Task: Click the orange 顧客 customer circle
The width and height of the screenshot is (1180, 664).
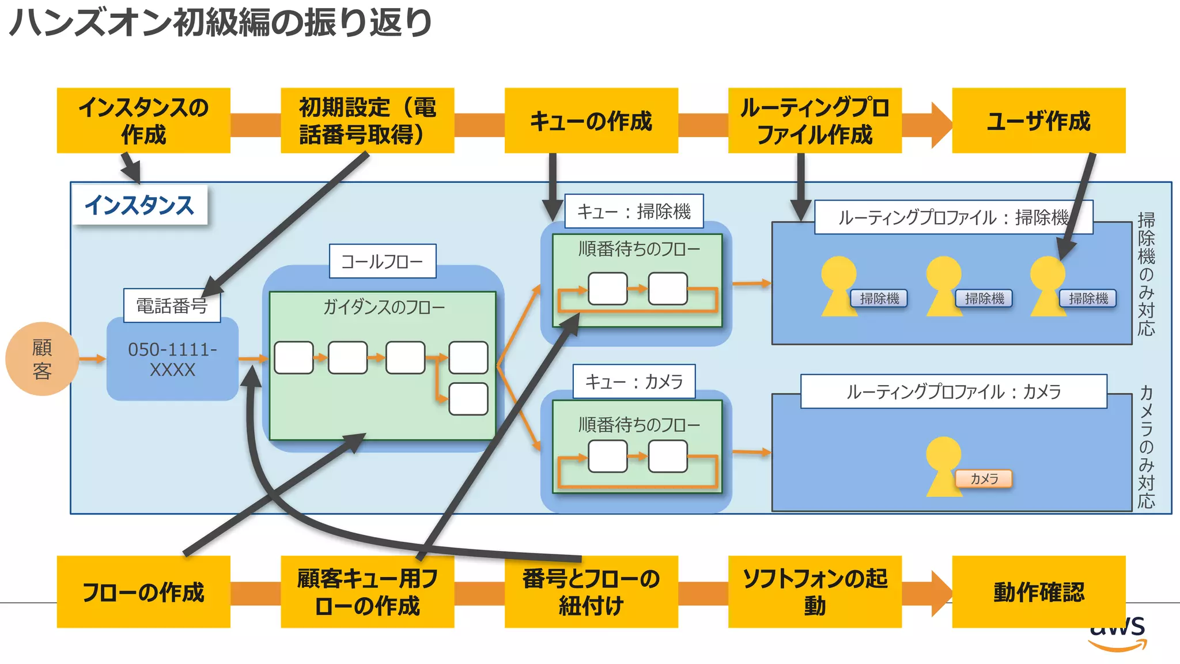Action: tap(41, 359)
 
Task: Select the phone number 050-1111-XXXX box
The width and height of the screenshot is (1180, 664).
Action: tap(172, 359)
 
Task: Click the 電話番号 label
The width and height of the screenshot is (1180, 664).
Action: tap(172, 305)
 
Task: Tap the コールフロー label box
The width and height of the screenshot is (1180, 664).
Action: tap(382, 261)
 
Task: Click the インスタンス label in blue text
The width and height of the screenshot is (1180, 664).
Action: tap(139, 205)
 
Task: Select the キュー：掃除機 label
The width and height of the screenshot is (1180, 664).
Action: tap(633, 211)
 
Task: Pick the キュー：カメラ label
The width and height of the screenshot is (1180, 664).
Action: tap(634, 381)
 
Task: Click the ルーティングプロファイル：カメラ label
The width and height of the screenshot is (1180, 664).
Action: tap(953, 391)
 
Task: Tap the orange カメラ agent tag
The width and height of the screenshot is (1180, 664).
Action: tap(984, 478)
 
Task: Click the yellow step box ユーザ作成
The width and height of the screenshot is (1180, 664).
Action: tap(1038, 120)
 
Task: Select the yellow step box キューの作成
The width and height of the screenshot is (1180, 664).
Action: tap(591, 120)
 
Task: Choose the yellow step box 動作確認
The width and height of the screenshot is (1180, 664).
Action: tap(1038, 591)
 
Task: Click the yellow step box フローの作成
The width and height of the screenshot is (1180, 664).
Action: tap(143, 591)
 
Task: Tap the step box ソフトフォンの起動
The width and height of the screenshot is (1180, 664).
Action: tap(814, 591)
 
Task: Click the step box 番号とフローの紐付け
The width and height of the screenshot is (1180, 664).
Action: tap(591, 591)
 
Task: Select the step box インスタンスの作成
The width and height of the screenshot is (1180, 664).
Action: tap(143, 120)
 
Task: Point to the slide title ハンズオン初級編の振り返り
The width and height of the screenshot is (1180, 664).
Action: tap(220, 23)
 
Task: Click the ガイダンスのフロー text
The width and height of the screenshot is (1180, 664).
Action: tap(384, 307)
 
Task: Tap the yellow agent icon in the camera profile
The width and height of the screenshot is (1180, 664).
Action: tap(943, 465)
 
